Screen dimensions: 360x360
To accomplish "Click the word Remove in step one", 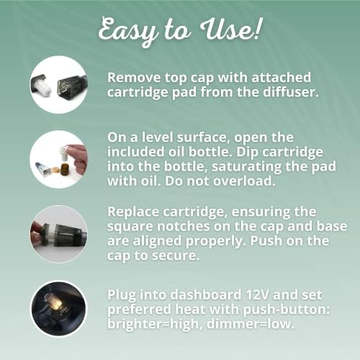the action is click(x=134, y=78).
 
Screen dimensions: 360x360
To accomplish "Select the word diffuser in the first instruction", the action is click(x=291, y=92).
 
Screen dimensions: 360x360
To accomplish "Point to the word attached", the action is click(x=281, y=78).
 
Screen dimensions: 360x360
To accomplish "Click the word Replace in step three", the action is click(x=133, y=212).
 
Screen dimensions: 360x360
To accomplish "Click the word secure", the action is click(x=176, y=256).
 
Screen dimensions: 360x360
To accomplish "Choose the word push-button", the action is click(x=287, y=310).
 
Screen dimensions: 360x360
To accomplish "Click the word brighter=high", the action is click(x=153, y=324).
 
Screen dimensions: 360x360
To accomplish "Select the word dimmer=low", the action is click(x=251, y=324).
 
